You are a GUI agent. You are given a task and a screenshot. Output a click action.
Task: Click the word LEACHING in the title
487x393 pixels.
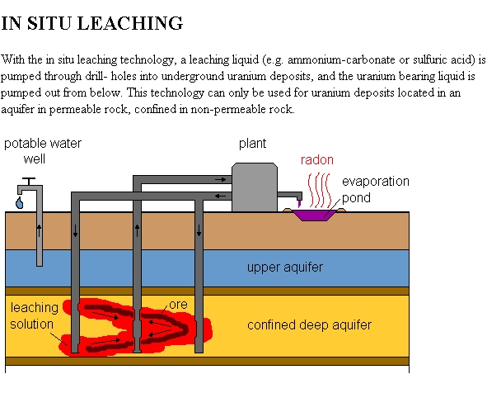pos(130,23)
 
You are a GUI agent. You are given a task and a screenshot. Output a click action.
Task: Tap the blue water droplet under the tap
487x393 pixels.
pos(19,203)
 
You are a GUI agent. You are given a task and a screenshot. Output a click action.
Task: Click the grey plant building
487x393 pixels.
pos(255,187)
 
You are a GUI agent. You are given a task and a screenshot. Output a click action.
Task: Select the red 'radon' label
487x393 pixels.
pos(316,160)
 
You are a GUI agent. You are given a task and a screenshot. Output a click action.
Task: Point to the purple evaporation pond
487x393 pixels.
pos(314,215)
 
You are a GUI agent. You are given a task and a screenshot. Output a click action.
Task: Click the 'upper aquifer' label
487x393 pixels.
pos(285,268)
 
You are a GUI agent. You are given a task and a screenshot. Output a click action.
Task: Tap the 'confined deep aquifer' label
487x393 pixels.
pos(309,324)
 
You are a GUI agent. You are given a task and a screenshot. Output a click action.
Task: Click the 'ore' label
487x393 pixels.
pos(179,305)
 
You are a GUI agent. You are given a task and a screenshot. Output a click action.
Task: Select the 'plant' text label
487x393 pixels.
pos(252,144)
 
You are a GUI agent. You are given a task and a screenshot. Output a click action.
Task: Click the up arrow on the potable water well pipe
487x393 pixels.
pos(39,230)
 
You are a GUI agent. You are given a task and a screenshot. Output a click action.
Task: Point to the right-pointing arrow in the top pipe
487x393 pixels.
pos(221,179)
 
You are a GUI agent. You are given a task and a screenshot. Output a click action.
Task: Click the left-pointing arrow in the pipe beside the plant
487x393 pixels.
pos(221,196)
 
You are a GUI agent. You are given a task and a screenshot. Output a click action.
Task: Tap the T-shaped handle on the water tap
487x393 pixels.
pos(29,181)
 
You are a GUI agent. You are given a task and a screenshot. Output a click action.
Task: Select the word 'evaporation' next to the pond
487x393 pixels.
pos(376,182)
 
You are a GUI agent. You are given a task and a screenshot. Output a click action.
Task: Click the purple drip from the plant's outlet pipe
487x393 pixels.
pos(299,204)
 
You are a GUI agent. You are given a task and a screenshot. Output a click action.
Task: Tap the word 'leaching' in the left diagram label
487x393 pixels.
pos(34,308)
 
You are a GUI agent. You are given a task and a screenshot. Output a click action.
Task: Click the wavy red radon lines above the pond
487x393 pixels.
pos(319,190)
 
